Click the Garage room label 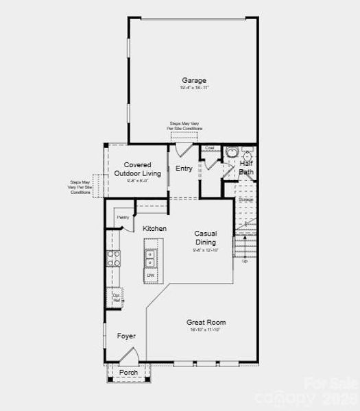[194, 81]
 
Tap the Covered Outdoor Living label [143, 169]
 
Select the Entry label [184, 169]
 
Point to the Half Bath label [246, 168]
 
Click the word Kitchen [154, 228]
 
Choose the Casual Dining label [205, 238]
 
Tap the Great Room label [206, 322]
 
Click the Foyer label [126, 336]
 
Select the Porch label [129, 372]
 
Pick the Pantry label [123, 217]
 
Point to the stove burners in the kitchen [113, 258]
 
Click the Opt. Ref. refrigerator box [117, 299]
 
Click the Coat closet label [210, 148]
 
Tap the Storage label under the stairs [245, 199]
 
